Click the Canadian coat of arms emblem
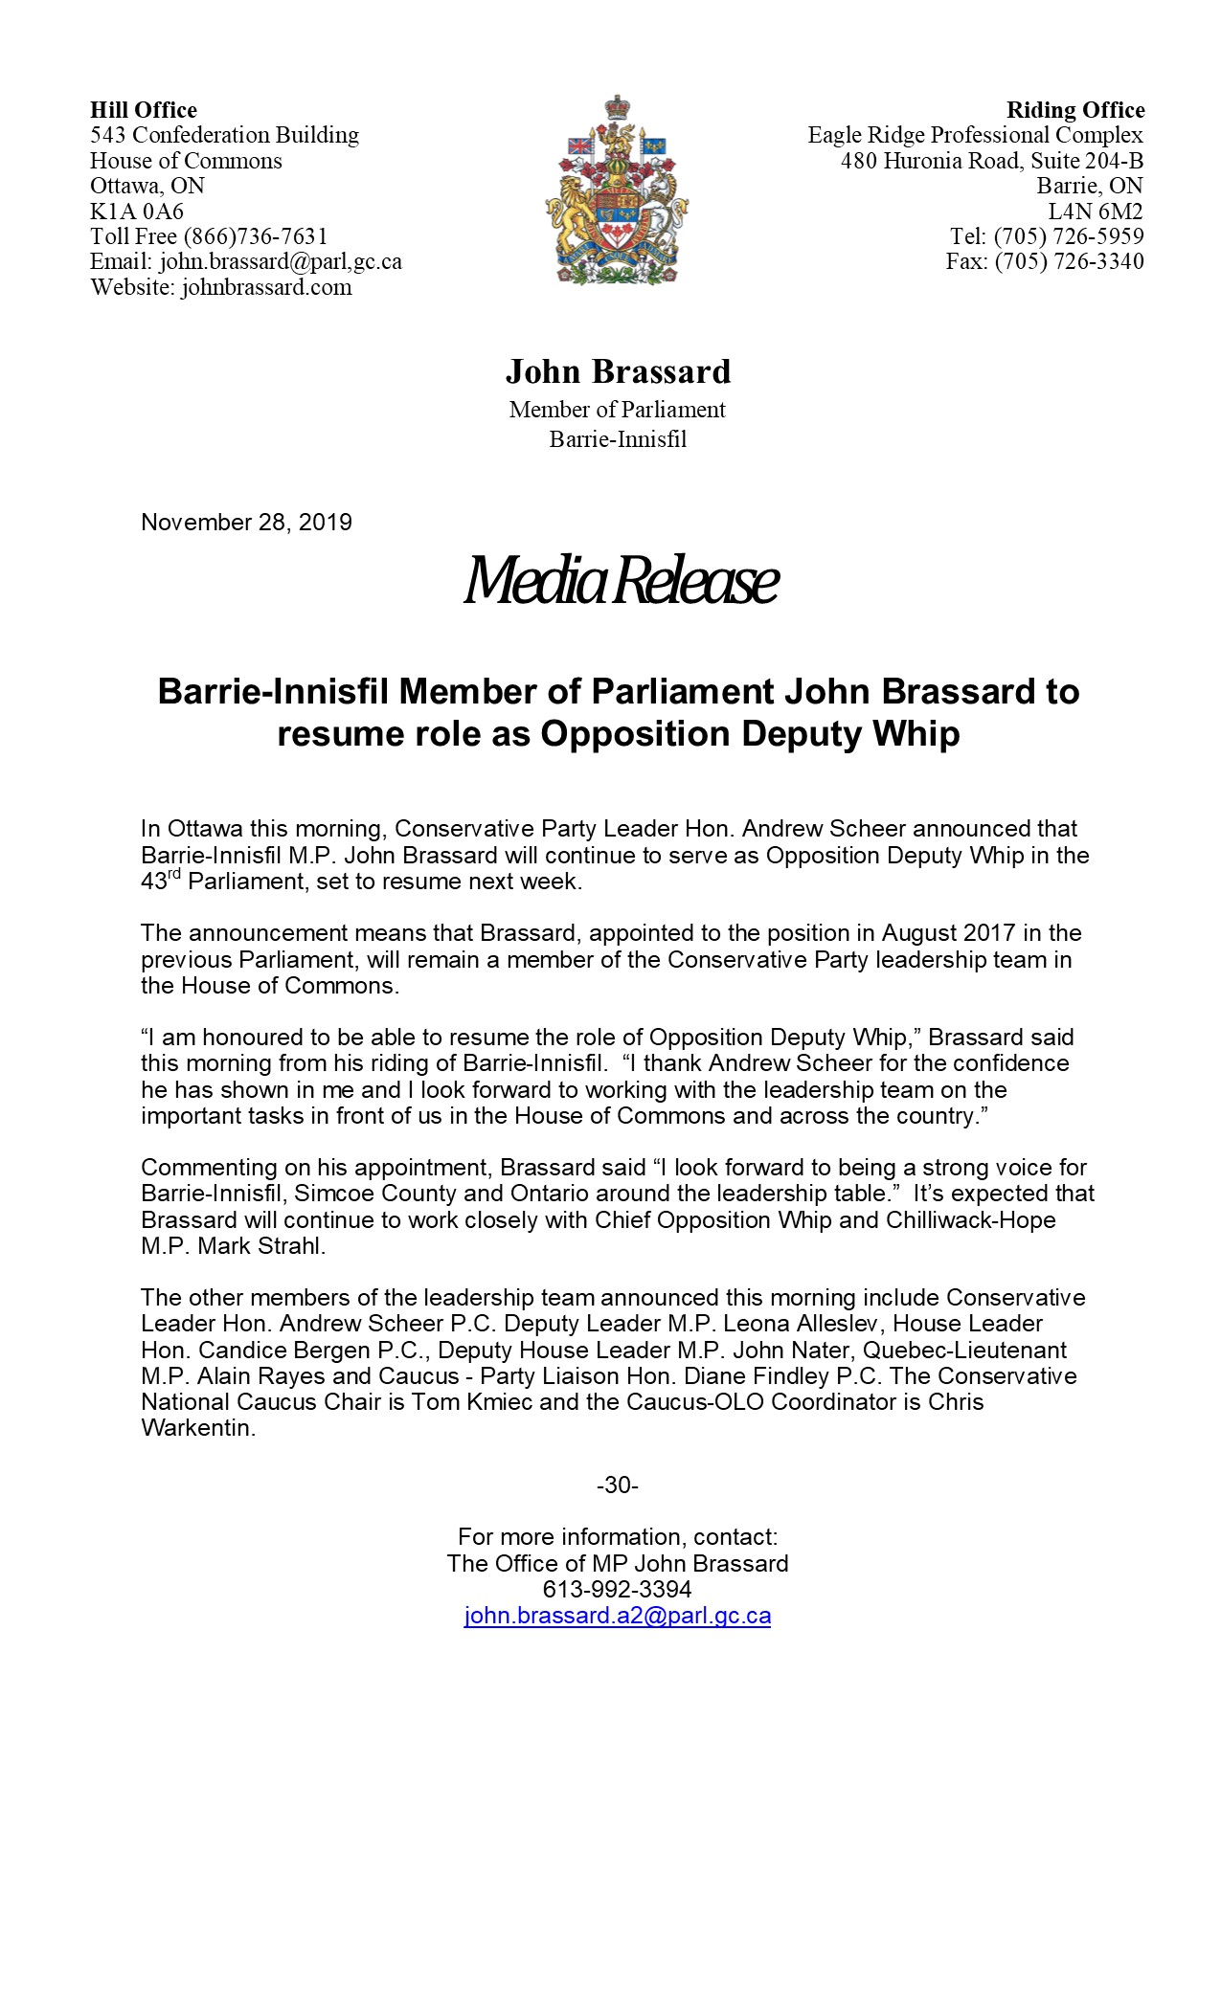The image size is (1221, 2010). (x=617, y=190)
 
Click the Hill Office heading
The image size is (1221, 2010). (x=144, y=110)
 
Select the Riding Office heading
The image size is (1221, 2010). (x=1074, y=110)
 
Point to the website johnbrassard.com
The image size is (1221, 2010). (x=266, y=287)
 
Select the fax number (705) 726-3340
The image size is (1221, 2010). (x=1069, y=261)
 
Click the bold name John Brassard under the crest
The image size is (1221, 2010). (x=618, y=371)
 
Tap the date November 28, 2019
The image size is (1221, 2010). (x=246, y=523)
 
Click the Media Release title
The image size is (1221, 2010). (x=620, y=581)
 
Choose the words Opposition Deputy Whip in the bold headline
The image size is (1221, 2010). (x=750, y=734)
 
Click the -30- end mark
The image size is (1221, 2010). (x=617, y=1485)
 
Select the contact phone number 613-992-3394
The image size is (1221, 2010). (x=617, y=1589)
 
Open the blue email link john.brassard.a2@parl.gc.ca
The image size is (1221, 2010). (x=617, y=1616)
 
